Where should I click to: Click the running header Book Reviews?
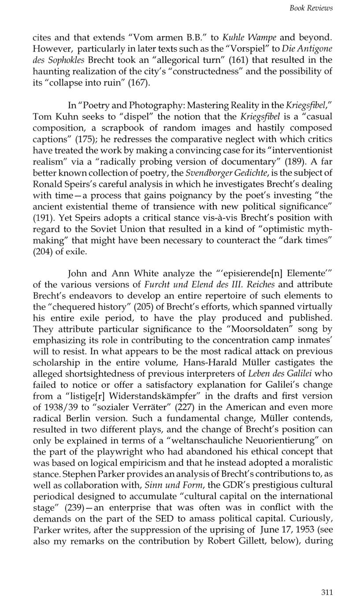(311, 8)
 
